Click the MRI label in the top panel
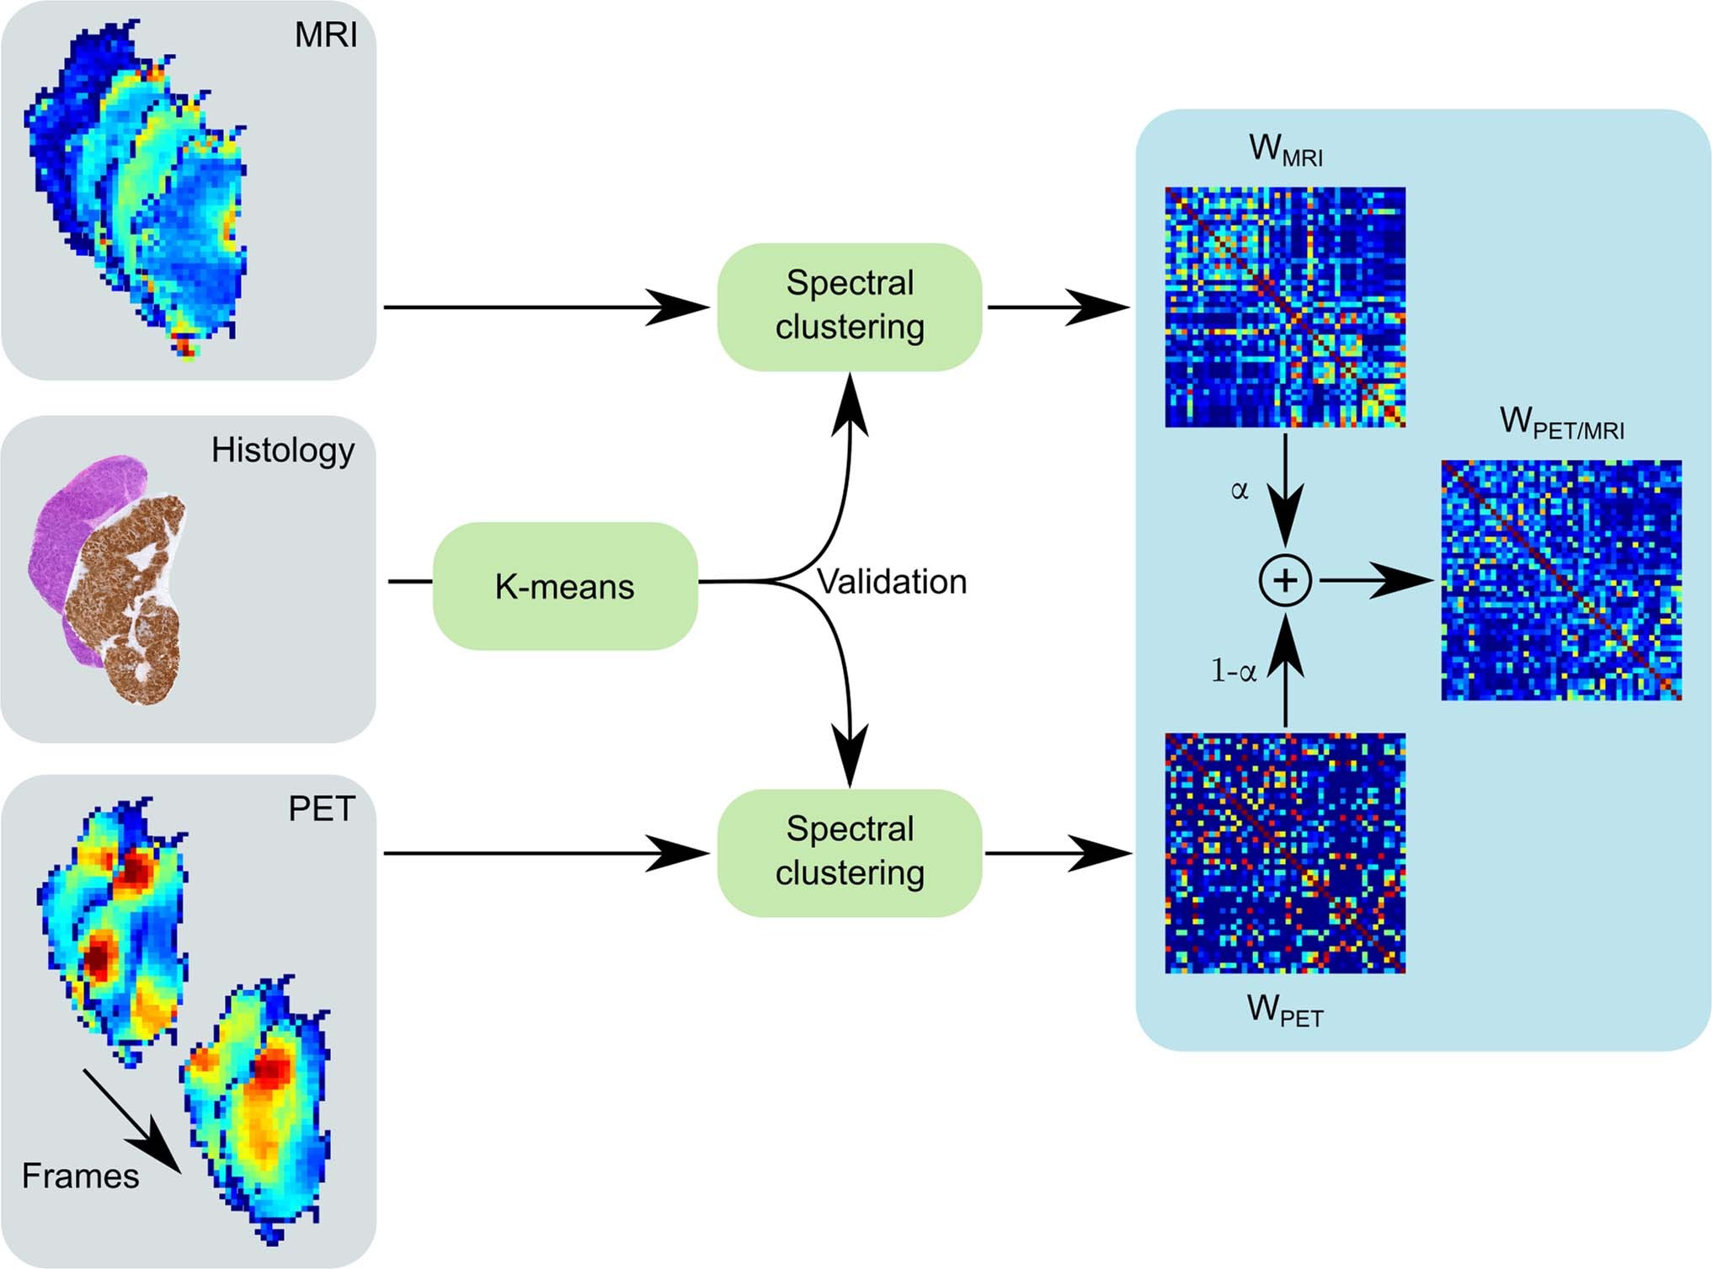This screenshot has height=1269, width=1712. [x=325, y=35]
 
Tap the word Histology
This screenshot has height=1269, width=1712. [x=282, y=451]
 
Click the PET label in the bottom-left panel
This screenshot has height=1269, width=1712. [x=321, y=809]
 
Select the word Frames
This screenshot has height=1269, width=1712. [x=80, y=1176]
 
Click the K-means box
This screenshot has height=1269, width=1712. [x=564, y=586]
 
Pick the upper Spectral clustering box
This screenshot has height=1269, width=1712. [x=849, y=307]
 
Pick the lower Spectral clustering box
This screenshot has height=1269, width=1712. [x=849, y=852]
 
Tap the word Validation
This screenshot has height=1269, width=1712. [x=892, y=582]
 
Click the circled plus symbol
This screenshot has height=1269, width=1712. [x=1284, y=581]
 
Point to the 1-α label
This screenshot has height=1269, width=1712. [x=1233, y=671]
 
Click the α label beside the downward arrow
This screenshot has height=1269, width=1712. [x=1239, y=490]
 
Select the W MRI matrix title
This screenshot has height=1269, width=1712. [x=1285, y=149]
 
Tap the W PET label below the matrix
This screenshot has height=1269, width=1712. [x=1284, y=1010]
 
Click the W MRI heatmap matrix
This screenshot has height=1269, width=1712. [x=1284, y=307]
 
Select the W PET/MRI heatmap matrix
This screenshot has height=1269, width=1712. [x=1560, y=580]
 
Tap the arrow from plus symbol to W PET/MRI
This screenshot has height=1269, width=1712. [x=1377, y=580]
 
